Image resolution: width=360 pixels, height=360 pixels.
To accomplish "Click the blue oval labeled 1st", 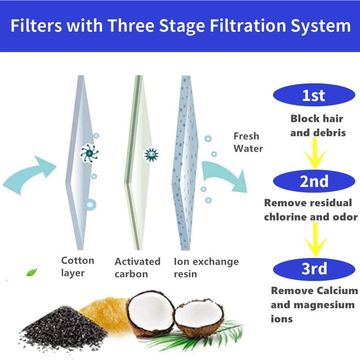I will [x=314, y=95].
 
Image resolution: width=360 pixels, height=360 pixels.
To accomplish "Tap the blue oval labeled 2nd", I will [x=314, y=181].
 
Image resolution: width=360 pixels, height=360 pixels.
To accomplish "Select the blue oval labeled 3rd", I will [x=314, y=269].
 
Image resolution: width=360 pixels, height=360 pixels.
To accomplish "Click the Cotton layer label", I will [x=77, y=267].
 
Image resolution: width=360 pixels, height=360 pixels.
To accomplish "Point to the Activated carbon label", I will [x=137, y=268].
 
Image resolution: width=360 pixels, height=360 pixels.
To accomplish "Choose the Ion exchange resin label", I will [x=206, y=268].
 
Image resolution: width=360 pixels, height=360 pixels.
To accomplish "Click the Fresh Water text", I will [x=248, y=142].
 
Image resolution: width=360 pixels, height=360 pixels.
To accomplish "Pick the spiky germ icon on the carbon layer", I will [x=151, y=154].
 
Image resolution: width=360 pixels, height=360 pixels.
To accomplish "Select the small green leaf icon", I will [x=32, y=272].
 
